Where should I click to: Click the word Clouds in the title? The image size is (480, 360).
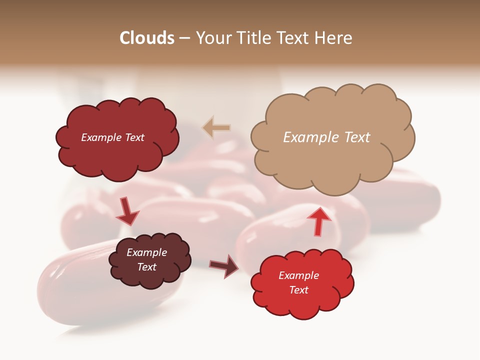click(147, 38)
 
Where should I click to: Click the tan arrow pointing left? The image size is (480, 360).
click(216, 128)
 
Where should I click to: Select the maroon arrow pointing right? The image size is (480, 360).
click(224, 265)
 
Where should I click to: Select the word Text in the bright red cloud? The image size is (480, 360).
click(298, 290)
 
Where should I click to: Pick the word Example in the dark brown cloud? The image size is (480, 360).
click(147, 252)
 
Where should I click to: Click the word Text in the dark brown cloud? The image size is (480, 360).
click(147, 267)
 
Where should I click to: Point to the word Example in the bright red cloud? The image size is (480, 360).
click(298, 275)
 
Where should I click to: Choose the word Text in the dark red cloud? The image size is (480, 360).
click(133, 137)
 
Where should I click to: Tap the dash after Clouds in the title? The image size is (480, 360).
click(184, 38)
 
